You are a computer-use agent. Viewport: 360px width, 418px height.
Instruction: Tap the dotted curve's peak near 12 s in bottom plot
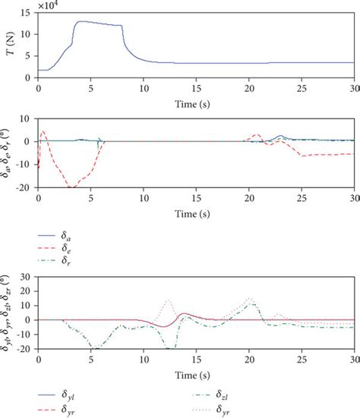point(168,300)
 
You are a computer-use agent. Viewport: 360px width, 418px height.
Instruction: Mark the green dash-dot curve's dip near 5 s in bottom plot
point(95,348)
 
